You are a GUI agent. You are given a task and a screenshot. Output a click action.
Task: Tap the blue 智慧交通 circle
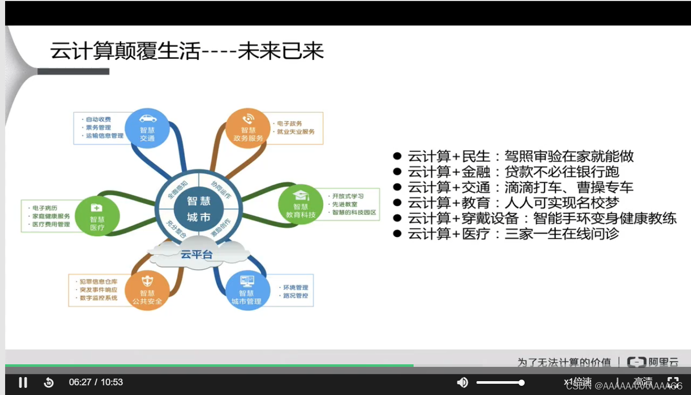[x=147, y=130]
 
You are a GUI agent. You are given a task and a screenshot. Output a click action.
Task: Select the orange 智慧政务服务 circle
[x=248, y=130]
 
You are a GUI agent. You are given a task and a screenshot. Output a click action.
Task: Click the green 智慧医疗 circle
[x=97, y=216]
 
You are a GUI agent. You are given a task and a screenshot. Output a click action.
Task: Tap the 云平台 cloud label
[x=197, y=254]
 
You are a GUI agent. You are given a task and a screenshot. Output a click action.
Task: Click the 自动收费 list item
[x=98, y=119]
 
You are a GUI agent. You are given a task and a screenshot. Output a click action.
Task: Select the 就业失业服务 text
[x=296, y=132]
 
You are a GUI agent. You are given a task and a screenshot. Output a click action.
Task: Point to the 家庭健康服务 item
[x=51, y=216]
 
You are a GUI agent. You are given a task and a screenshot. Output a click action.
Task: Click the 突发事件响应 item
[x=98, y=290]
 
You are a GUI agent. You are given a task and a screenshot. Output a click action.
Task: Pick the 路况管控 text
[x=295, y=296]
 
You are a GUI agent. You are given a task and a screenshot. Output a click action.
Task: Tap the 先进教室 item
[x=344, y=204]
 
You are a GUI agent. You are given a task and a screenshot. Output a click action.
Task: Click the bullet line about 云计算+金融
[x=513, y=172]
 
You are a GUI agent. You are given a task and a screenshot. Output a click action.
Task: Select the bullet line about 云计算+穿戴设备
[x=542, y=218]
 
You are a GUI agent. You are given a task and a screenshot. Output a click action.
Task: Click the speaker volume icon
[x=462, y=382]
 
